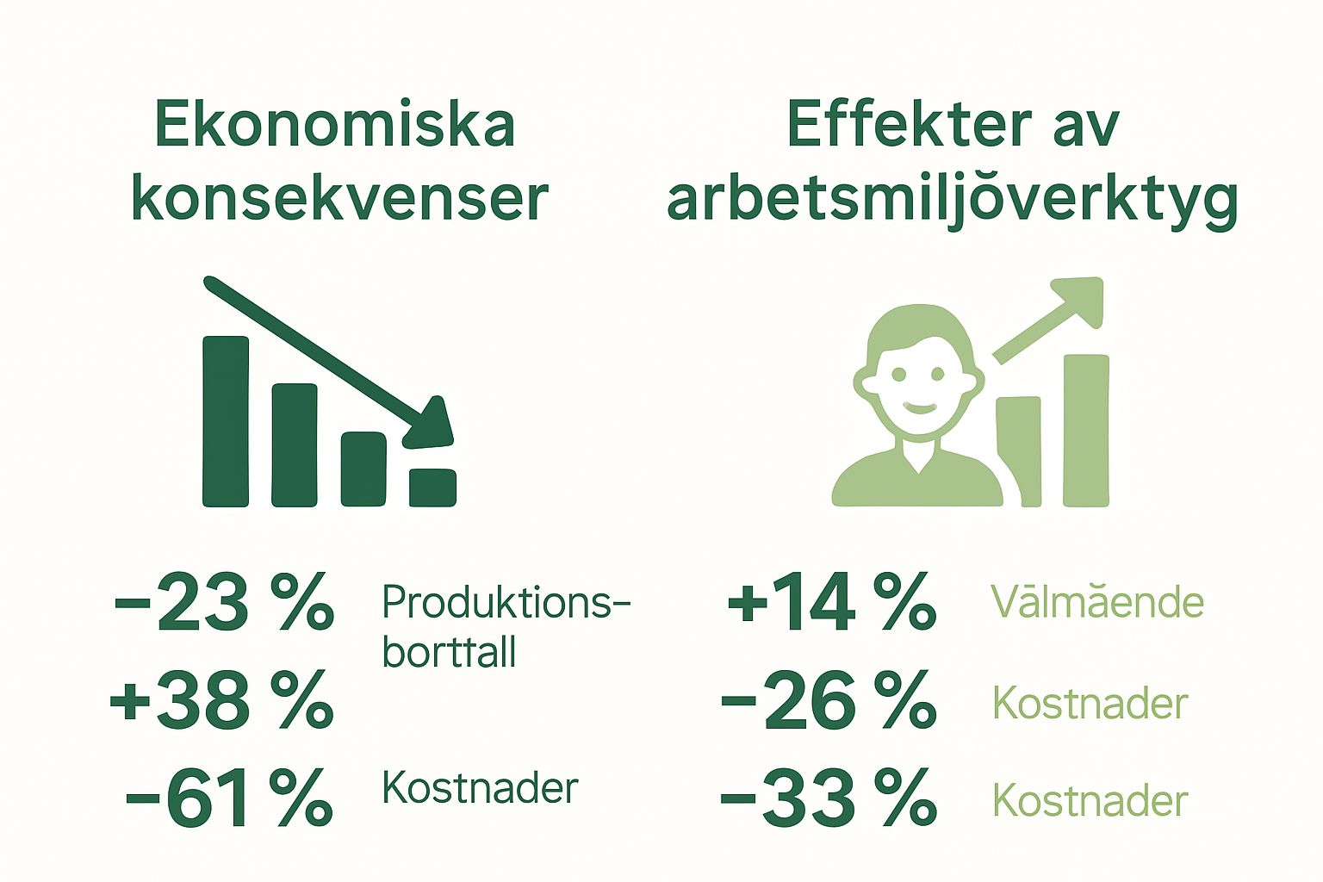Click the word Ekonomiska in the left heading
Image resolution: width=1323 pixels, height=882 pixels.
coord(335,126)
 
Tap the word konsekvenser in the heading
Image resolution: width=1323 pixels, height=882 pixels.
coord(339,200)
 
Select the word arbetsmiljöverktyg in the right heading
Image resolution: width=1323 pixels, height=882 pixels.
coord(953,200)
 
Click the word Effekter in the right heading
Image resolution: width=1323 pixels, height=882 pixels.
coord(908,126)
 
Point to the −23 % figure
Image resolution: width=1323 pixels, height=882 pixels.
coord(223,603)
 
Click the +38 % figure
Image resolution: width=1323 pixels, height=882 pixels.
coord(221,700)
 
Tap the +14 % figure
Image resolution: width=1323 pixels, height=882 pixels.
coord(831,603)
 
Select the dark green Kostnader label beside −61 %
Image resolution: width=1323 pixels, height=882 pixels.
coord(480,788)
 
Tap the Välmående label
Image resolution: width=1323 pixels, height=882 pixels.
coord(1096,602)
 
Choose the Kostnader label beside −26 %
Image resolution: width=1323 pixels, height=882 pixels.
coord(1090,704)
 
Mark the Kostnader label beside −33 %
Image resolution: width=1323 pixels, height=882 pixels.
coord(1090,801)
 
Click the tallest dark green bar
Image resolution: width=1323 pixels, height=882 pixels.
coord(226,421)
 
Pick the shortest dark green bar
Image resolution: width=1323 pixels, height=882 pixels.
coord(432,488)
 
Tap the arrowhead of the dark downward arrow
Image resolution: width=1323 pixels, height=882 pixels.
coord(430,425)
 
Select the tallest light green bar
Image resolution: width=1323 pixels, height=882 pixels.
coord(1086,430)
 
